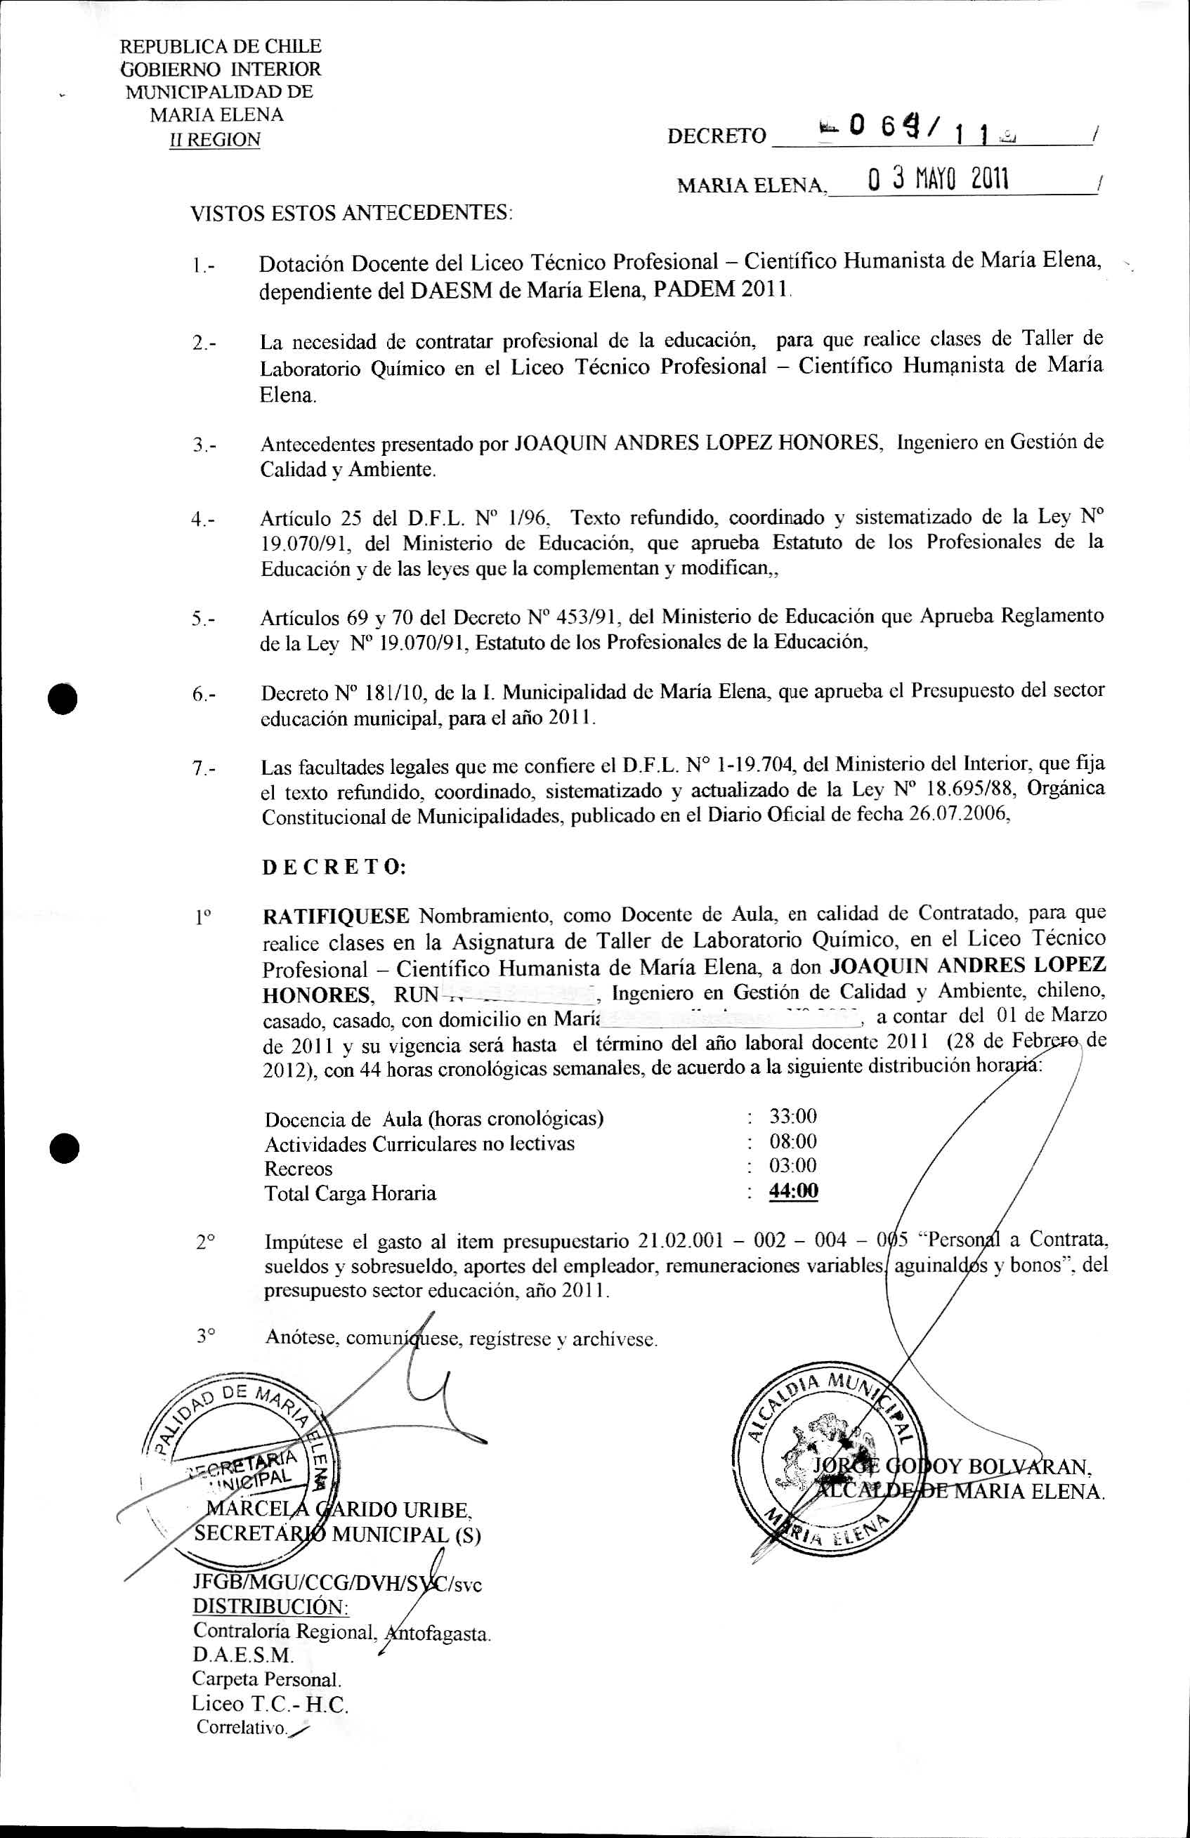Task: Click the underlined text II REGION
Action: pyautogui.click(x=215, y=140)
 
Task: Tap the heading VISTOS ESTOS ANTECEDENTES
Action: pyautogui.click(x=351, y=212)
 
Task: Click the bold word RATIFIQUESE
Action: pyautogui.click(x=336, y=917)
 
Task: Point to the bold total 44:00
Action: pyautogui.click(x=793, y=1191)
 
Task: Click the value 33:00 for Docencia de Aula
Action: pyautogui.click(x=792, y=1116)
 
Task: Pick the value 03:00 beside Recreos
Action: pyautogui.click(x=792, y=1165)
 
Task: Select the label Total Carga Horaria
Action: pyautogui.click(x=350, y=1193)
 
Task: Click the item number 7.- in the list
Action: pyautogui.click(x=204, y=768)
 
